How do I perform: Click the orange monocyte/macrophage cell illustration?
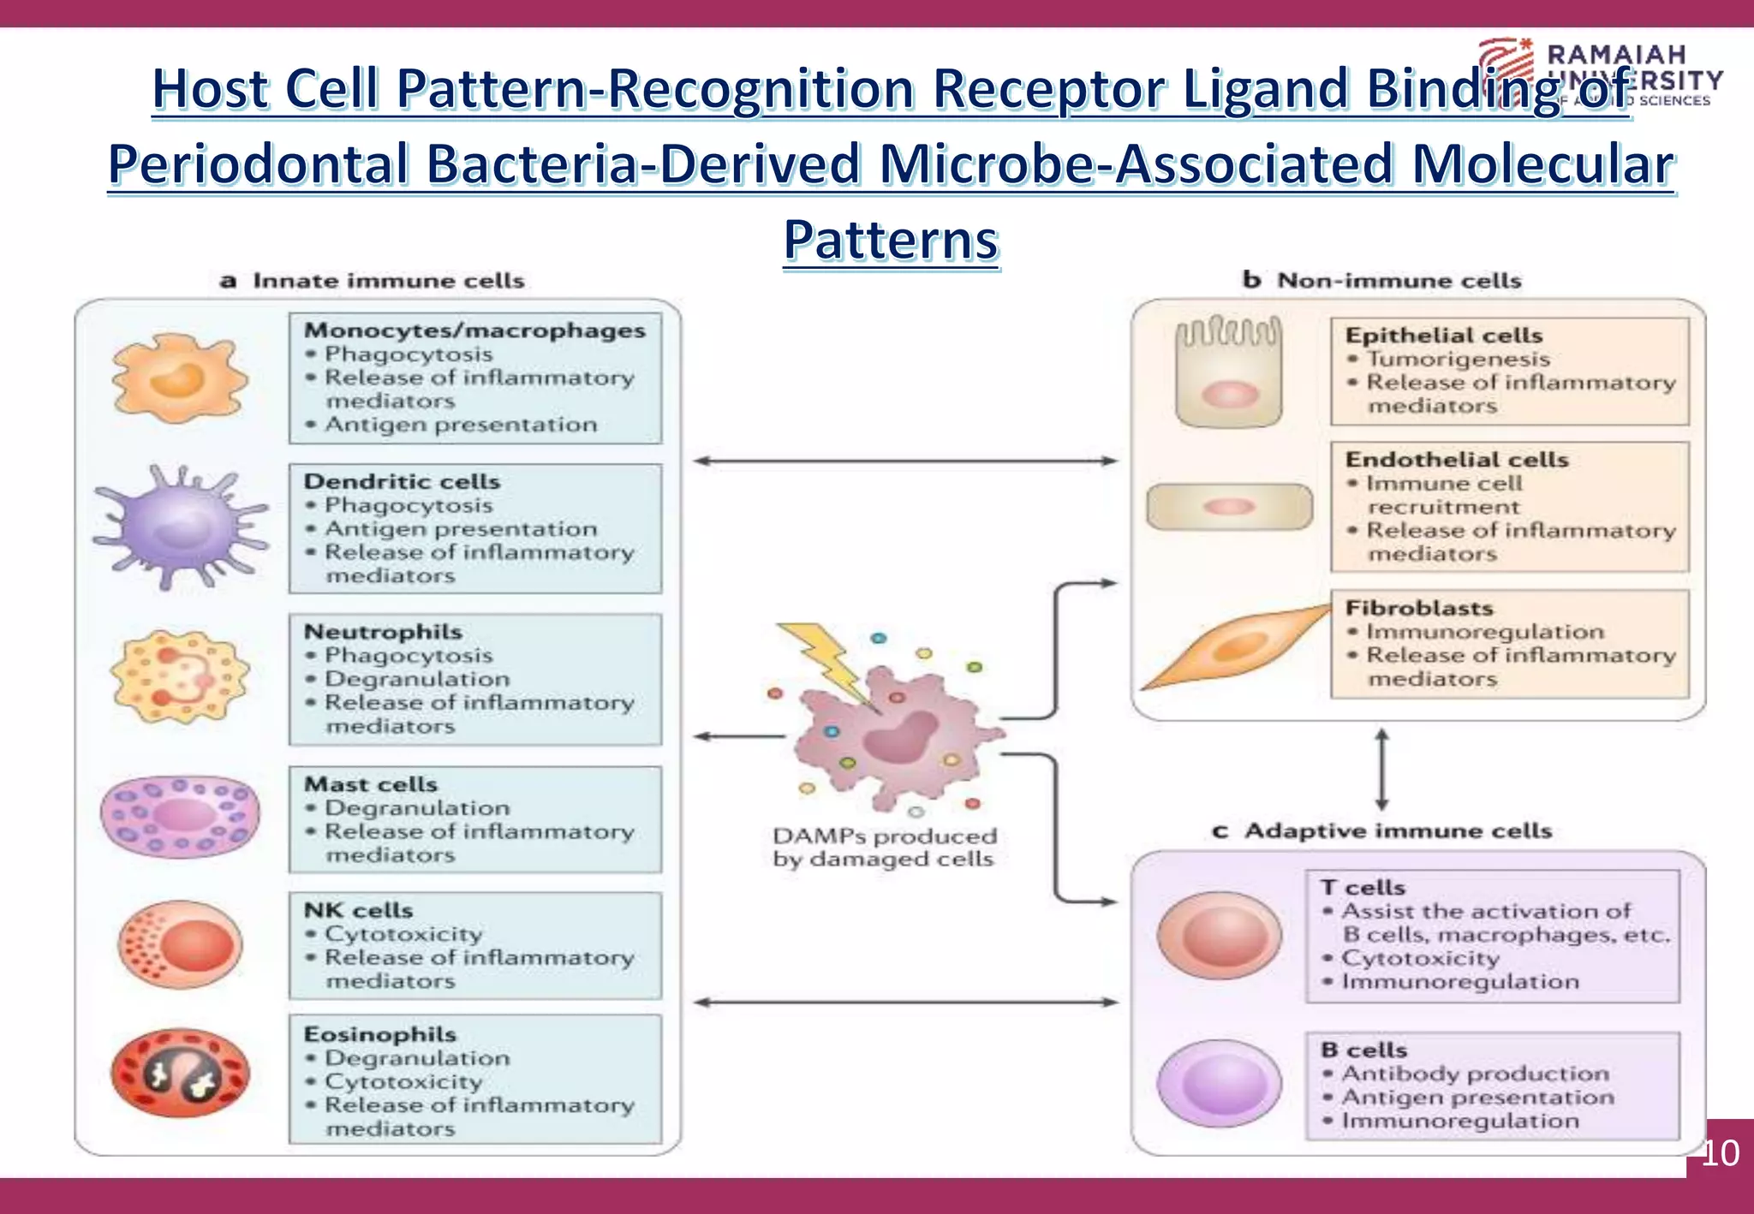180,378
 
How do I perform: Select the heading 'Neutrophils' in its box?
383,632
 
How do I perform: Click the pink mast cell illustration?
180,815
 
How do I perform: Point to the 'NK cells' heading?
358,910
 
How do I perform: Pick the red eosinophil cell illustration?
180,1073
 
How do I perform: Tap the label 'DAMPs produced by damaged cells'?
884,848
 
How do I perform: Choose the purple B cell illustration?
1219,1084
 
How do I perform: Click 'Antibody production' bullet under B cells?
1475,1074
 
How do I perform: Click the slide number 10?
1720,1153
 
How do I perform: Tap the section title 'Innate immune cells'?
388,281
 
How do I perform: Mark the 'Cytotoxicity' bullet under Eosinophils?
403,1082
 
